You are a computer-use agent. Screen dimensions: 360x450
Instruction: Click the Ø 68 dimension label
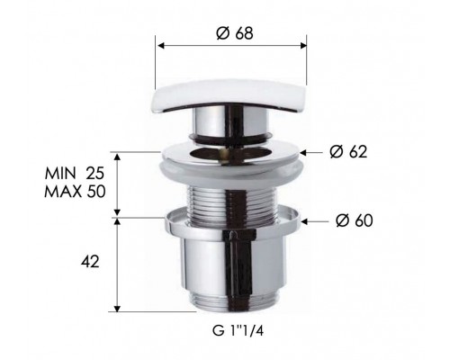tap(232, 34)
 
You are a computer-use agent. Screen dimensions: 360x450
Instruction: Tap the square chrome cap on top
tap(231, 98)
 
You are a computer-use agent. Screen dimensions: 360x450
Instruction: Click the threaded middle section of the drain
tap(230, 193)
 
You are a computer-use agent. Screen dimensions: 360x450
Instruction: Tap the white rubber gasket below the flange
tap(231, 170)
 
